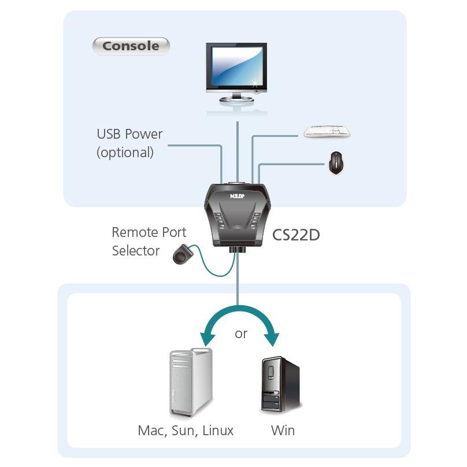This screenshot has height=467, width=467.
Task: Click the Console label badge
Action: tap(131, 46)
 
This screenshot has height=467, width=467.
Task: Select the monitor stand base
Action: tap(236, 100)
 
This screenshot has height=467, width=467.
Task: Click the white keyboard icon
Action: tap(327, 132)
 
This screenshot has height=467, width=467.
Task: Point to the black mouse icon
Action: tap(336, 163)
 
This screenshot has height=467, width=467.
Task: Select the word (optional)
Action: tap(125, 153)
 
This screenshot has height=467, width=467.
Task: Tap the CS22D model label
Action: tap(296, 235)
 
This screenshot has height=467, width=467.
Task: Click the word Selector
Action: tap(136, 251)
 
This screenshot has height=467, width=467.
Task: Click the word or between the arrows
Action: tap(241, 334)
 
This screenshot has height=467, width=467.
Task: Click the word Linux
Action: tap(218, 431)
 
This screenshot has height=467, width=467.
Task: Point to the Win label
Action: tap(283, 431)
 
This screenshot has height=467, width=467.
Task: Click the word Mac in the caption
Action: tap(151, 431)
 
